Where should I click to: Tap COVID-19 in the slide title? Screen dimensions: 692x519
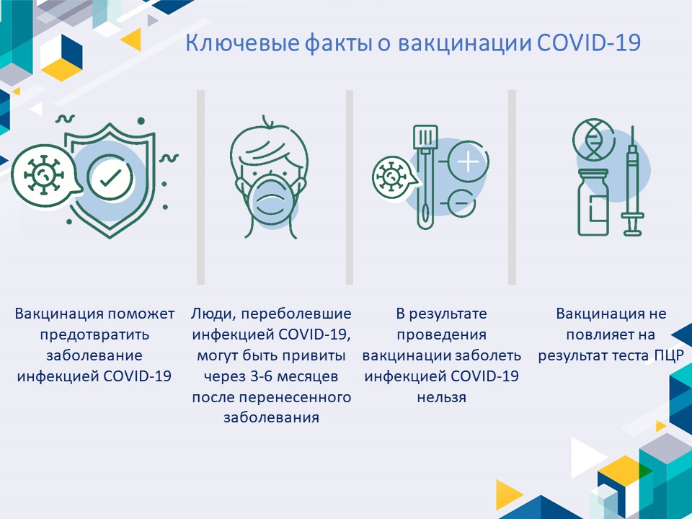pyautogui.click(x=589, y=43)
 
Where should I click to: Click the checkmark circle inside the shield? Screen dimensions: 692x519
pyautogui.click(x=110, y=177)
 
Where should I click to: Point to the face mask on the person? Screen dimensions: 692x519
pyautogui.click(x=270, y=200)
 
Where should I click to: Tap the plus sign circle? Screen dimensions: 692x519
pyautogui.click(x=468, y=162)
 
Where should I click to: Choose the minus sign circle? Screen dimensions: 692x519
pyautogui.click(x=461, y=203)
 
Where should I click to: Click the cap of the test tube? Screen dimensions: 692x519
pyautogui.click(x=425, y=137)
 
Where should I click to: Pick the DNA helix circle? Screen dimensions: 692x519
pyautogui.click(x=593, y=140)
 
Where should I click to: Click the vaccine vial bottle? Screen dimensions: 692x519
pyautogui.click(x=593, y=202)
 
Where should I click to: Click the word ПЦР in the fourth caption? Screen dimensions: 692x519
pyautogui.click(x=670, y=355)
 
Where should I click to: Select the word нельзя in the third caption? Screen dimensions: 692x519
pyautogui.click(x=442, y=397)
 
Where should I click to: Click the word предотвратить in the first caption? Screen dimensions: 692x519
pyautogui.click(x=94, y=335)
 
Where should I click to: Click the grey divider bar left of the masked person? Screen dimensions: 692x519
pyautogui.click(x=201, y=187)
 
